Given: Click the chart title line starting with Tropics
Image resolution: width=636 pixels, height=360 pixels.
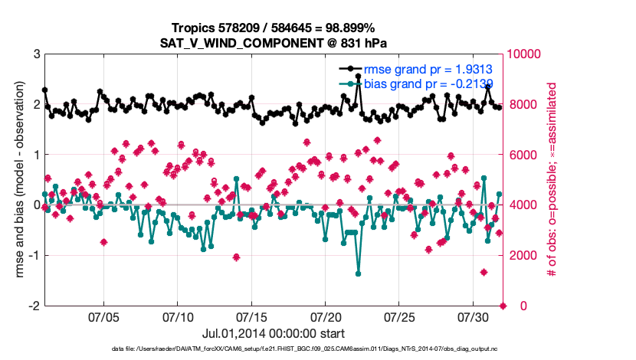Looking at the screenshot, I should pos(273,28).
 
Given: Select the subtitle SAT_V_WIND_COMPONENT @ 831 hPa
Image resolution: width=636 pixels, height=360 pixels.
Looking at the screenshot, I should pos(273,42).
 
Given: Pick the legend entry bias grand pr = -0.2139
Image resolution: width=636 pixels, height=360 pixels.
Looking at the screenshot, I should pos(428,83).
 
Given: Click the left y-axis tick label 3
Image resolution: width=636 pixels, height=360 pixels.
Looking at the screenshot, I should pos(37,54).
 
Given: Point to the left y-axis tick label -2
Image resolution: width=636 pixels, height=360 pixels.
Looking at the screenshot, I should pos(34,306).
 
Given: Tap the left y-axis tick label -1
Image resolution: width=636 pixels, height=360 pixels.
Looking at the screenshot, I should pos(34,255).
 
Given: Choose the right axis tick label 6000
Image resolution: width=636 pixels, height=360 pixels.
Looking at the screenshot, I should pos(522,155).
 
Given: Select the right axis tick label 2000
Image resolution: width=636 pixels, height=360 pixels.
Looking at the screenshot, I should pos(522,255).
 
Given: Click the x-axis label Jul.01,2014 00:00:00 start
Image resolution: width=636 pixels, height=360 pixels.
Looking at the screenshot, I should pos(273,334).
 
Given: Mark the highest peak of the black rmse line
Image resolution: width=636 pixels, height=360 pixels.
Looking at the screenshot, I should pos(358,77).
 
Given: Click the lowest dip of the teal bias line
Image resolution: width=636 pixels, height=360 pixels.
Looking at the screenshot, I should pos(358,273).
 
